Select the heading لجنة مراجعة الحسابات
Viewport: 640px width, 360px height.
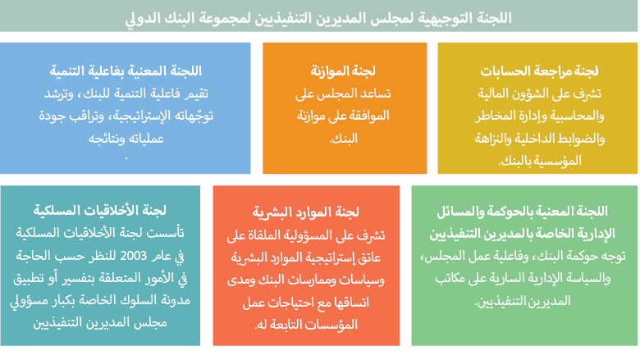[x=539, y=71]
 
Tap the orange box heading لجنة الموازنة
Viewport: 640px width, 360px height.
[x=343, y=71]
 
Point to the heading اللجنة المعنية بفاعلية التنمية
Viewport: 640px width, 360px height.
[x=126, y=71]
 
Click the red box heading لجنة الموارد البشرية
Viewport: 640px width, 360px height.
[x=306, y=212]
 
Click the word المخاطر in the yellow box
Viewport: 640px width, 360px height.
[x=495, y=116]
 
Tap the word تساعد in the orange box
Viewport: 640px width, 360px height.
[x=375, y=93]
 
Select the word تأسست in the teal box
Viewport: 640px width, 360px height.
[x=167, y=234]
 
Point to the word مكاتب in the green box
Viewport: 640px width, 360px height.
[x=450, y=279]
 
